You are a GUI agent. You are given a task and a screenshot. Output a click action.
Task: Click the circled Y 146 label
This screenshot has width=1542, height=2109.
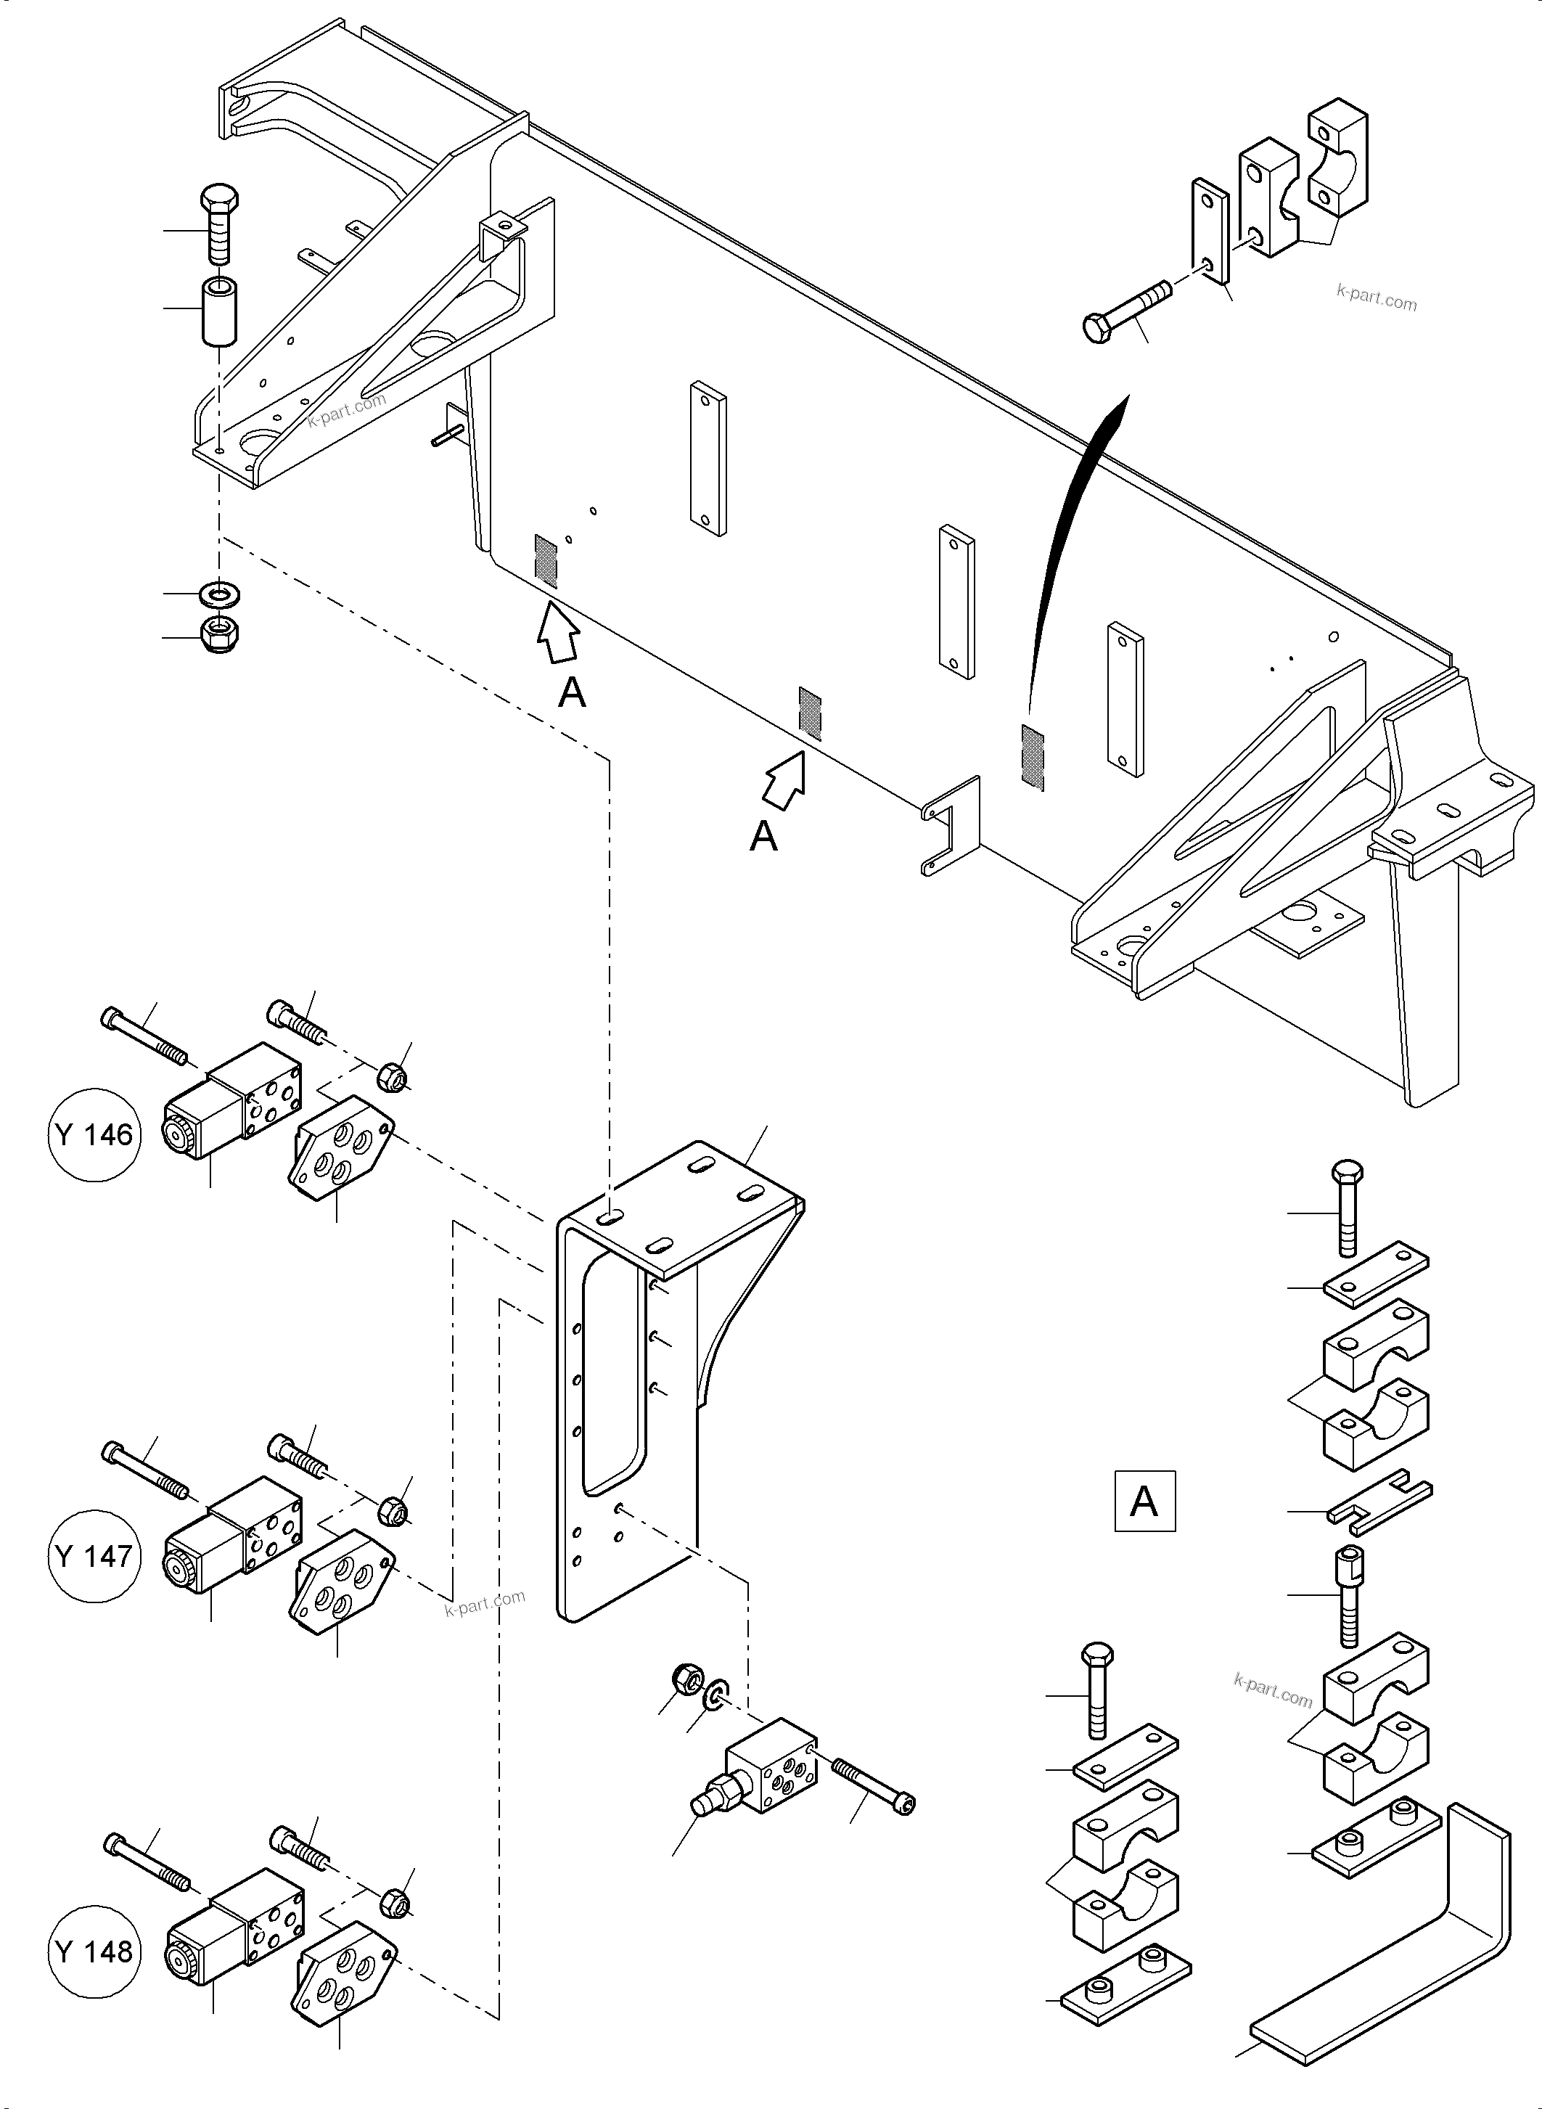point(94,1135)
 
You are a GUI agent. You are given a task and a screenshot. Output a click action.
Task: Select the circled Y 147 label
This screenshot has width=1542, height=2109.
point(94,1556)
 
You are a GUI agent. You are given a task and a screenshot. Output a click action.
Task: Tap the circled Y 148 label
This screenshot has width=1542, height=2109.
point(94,1952)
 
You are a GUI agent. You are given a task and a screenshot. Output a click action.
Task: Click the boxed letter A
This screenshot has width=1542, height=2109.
point(1144,1502)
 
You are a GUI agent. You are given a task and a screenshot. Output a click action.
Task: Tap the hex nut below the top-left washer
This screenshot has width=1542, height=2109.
point(221,635)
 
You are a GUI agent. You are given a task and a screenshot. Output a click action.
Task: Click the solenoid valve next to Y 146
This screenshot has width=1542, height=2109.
point(234,1099)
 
